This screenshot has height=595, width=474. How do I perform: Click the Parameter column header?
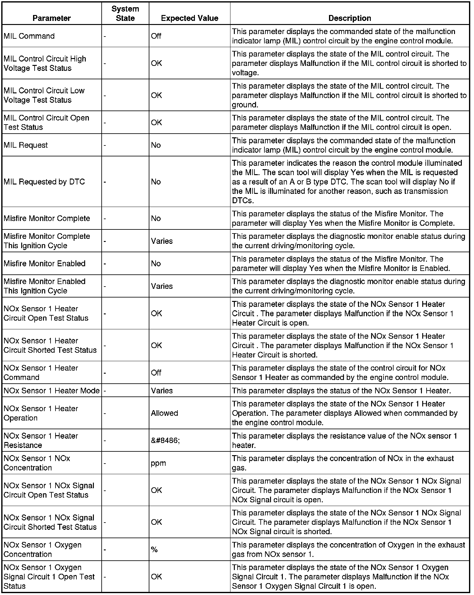(x=51, y=18)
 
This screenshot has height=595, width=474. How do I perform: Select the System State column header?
(x=125, y=14)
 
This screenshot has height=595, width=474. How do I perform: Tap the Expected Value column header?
(x=189, y=18)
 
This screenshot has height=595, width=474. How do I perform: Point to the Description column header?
(x=350, y=18)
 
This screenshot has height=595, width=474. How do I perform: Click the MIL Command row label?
(x=29, y=36)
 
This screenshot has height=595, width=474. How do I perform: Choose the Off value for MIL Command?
(x=156, y=36)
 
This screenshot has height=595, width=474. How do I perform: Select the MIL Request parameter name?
(x=26, y=145)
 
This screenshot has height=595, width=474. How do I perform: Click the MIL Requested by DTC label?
(x=44, y=182)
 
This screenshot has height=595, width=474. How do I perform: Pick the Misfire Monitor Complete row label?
(x=47, y=219)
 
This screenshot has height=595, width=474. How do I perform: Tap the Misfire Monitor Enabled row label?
(x=45, y=263)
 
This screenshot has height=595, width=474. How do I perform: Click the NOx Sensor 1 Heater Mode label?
(x=51, y=391)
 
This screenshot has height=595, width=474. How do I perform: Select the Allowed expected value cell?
(x=164, y=413)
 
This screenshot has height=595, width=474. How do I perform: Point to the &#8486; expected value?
(x=165, y=440)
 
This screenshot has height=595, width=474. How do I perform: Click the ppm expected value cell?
(x=158, y=463)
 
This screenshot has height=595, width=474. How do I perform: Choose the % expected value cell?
(x=154, y=549)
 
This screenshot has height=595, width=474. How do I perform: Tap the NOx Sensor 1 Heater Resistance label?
(x=41, y=440)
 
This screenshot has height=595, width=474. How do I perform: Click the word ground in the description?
(x=245, y=105)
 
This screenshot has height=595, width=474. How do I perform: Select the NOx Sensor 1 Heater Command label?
(x=41, y=372)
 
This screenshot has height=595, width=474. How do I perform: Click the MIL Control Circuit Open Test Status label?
(x=46, y=122)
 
